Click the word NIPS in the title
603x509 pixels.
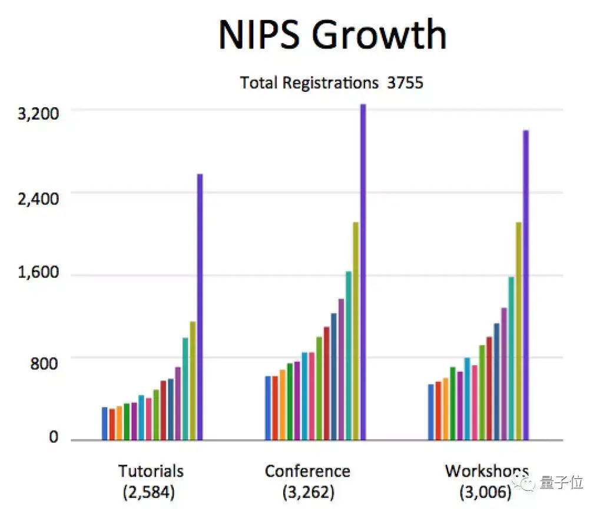coord(259,35)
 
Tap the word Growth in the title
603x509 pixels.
coord(379,35)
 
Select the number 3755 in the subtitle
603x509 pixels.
coord(405,83)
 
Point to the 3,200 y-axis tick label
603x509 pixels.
coord(38,114)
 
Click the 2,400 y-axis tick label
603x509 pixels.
coord(38,197)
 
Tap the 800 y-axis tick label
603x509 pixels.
coord(45,363)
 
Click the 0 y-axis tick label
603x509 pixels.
coord(54,438)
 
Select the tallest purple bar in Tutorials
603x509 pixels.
coord(200,306)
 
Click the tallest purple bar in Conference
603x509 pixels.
coord(363,272)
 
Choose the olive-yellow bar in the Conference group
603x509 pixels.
coord(356,330)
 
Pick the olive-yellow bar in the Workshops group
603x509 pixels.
coord(519,330)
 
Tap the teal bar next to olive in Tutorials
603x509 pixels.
coord(185,388)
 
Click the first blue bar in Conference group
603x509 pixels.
coord(268,408)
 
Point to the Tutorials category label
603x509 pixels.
coord(151,471)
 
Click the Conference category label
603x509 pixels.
coord(307,471)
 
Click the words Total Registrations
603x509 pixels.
coord(309,83)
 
